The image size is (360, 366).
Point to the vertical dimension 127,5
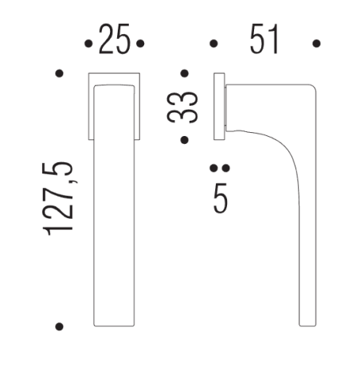coord(61,197)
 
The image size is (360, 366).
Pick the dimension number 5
coord(221,197)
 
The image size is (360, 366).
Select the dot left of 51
coord(213,44)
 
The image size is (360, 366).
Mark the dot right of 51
coord(317,44)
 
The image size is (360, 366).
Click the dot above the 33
coord(184,74)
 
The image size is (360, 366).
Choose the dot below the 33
coord(184,140)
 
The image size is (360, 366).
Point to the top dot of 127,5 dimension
coord(59,74)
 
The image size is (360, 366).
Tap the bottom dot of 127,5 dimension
coord(59,326)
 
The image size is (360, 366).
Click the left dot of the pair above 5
coord(213,169)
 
